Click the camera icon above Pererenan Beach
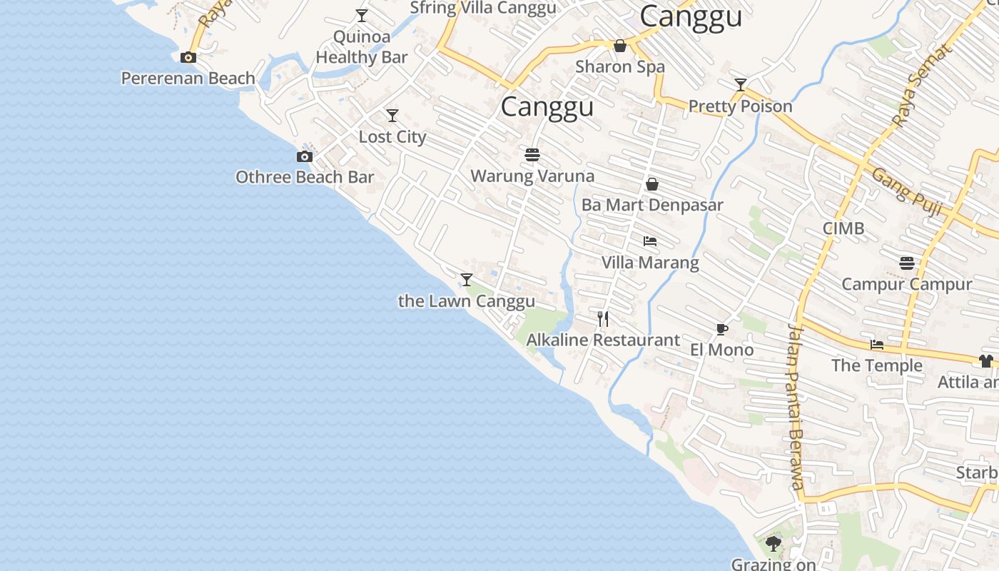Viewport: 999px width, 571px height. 188,58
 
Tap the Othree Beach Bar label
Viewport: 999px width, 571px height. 305,177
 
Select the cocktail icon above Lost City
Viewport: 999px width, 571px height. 392,116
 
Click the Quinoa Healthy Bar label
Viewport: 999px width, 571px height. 362,47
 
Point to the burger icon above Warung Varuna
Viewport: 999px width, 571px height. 532,154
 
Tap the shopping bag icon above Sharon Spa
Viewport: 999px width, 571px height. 620,46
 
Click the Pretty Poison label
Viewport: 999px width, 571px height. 740,106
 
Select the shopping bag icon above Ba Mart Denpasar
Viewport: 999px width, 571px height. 652,184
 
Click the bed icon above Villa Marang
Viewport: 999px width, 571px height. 650,241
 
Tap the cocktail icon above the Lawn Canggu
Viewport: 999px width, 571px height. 467,280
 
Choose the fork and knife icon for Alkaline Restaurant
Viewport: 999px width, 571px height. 604,319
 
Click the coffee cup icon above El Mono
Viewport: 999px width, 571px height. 722,329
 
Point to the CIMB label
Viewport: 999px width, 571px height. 843,228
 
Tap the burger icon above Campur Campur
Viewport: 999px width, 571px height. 907,263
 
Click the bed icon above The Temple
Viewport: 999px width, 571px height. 877,345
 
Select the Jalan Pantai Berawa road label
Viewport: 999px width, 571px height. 796,407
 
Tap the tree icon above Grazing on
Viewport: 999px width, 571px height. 774,545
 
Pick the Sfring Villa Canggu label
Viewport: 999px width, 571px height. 483,8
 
